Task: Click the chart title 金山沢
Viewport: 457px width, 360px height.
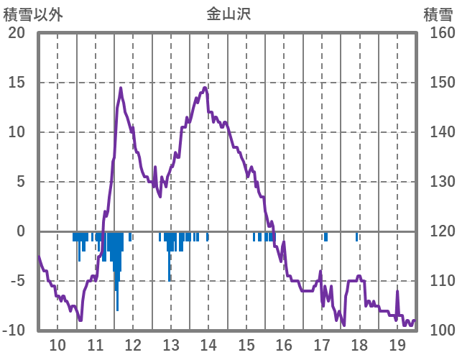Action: pyautogui.click(x=228, y=14)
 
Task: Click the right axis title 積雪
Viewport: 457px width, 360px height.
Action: pyautogui.click(x=438, y=14)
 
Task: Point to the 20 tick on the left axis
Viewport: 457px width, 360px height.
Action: pyautogui.click(x=17, y=33)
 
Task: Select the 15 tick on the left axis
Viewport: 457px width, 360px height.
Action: pyautogui.click(x=17, y=83)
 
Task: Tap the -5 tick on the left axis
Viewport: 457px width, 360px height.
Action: pyautogui.click(x=17, y=281)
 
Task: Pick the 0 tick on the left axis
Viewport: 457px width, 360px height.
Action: pyautogui.click(x=21, y=231)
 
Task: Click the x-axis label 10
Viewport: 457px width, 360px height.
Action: pyautogui.click(x=57, y=344)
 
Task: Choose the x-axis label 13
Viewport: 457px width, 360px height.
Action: pyautogui.click(x=171, y=344)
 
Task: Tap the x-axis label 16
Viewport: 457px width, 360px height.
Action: pyautogui.click(x=285, y=344)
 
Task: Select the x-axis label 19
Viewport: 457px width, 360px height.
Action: pyautogui.click(x=397, y=344)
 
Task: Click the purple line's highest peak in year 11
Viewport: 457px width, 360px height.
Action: pyautogui.click(x=121, y=88)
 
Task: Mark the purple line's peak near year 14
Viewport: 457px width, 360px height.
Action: pyautogui.click(x=205, y=88)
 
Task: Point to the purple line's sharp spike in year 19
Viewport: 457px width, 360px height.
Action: pyautogui.click(x=397, y=291)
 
